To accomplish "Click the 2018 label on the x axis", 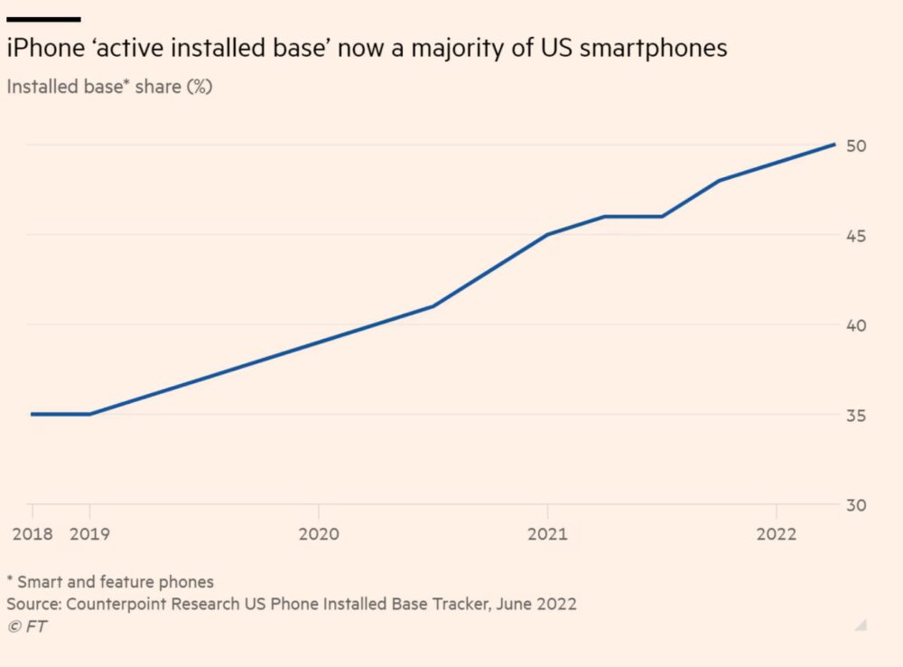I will click(33, 534).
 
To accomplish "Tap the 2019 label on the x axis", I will click(89, 534).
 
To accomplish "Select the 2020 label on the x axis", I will click(318, 534).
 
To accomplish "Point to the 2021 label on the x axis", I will click(546, 534).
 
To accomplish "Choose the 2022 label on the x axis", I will click(775, 534).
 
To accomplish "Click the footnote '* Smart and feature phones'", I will click(110, 581).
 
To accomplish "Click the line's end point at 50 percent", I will click(833, 145).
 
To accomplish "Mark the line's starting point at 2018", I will click(33, 414).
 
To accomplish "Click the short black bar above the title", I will click(43, 19).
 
